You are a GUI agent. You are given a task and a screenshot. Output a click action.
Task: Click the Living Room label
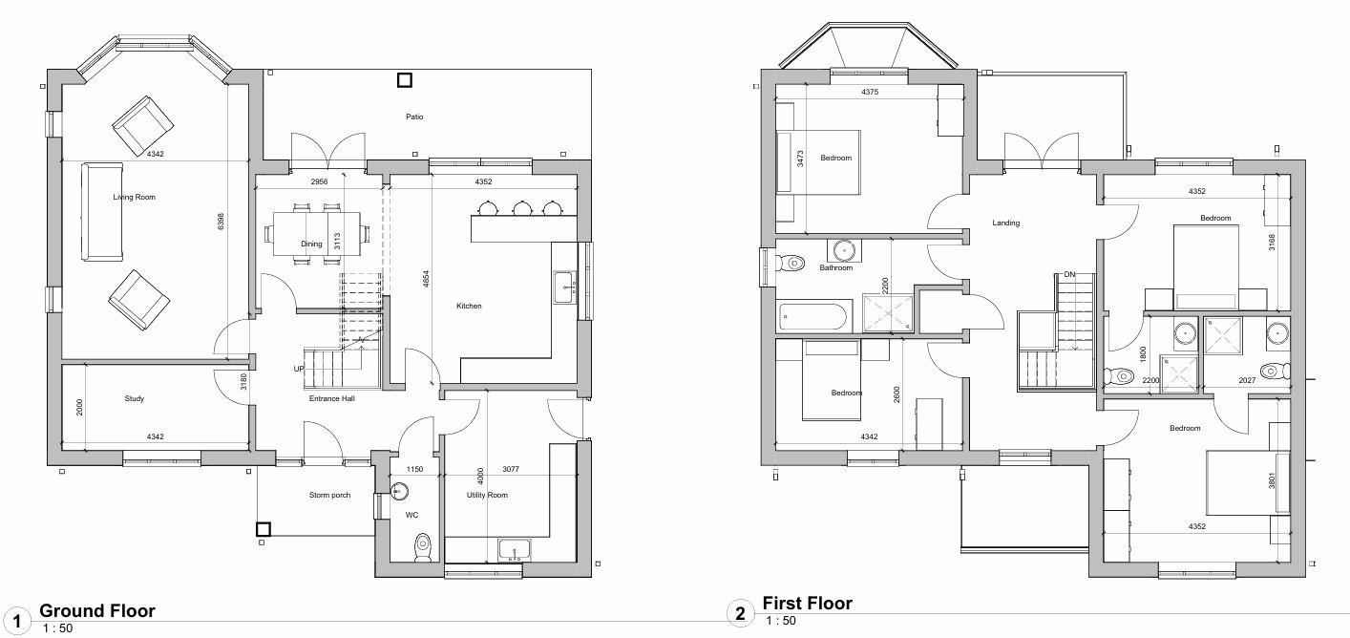pyautogui.click(x=134, y=198)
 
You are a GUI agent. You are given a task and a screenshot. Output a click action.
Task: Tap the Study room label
pyautogui.click(x=134, y=398)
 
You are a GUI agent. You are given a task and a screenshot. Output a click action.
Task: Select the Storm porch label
pyautogui.click(x=329, y=495)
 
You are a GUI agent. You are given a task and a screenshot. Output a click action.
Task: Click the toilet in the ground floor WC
pyautogui.click(x=423, y=546)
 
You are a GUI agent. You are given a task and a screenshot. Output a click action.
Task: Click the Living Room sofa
pyautogui.click(x=102, y=212)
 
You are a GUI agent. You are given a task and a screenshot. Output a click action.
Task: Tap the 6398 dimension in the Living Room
pyautogui.click(x=221, y=221)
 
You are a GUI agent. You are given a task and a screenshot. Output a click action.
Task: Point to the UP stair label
pyautogui.click(x=299, y=369)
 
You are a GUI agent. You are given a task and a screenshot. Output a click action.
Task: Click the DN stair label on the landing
pyautogui.click(x=1069, y=275)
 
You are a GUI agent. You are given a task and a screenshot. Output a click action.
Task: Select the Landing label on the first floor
pyautogui.click(x=1005, y=223)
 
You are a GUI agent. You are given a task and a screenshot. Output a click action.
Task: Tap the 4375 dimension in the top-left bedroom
pyautogui.click(x=869, y=93)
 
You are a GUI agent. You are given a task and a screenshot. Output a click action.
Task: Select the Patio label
pyautogui.click(x=413, y=117)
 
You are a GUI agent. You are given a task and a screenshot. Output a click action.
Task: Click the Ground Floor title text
pyautogui.click(x=96, y=611)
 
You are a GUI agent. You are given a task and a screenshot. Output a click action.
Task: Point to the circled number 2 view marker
pyautogui.click(x=739, y=613)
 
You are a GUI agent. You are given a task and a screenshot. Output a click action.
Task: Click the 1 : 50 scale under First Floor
pyautogui.click(x=780, y=621)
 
